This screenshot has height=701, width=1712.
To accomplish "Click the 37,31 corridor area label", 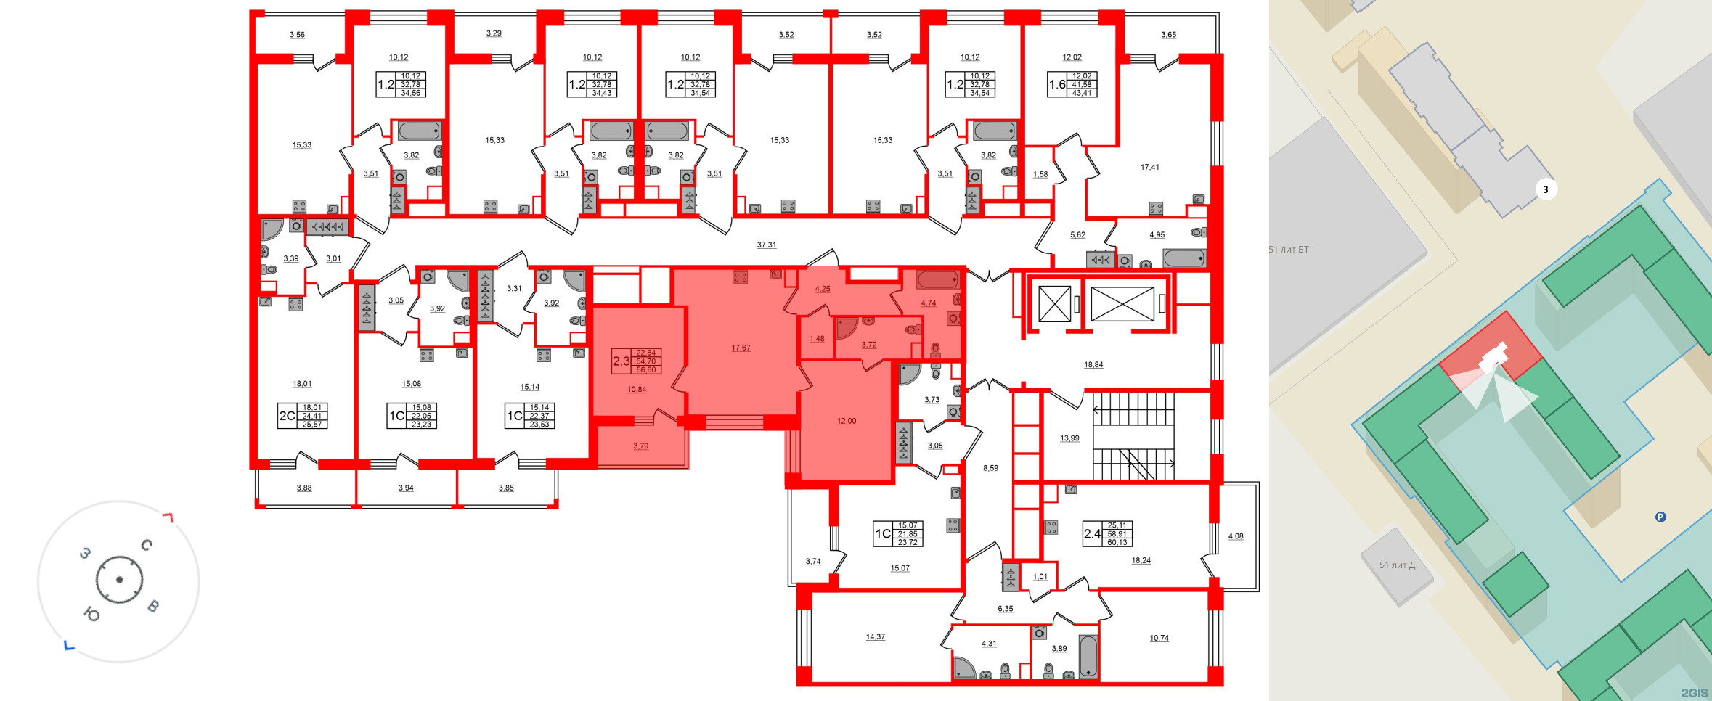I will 766,245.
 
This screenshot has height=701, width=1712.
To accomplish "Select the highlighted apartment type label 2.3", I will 621,361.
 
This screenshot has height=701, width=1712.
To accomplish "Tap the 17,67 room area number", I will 741,348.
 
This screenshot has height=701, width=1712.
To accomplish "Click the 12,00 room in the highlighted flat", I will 846,421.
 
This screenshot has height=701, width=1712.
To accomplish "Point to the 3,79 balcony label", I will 640,446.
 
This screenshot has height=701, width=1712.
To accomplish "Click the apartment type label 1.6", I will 1056,85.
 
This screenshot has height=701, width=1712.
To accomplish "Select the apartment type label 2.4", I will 1092,534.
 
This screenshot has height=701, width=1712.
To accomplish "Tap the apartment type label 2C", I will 288,417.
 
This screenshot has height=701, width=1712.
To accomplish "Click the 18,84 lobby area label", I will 1093,365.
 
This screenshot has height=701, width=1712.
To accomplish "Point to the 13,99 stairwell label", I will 1069,438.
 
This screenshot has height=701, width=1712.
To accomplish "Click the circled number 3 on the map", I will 1546,190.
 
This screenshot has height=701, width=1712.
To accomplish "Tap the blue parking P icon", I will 1660,517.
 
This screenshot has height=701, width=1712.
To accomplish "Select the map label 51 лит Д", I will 1397,565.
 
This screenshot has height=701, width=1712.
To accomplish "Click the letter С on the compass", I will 147,545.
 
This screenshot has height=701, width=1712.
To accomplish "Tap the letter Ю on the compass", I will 92,615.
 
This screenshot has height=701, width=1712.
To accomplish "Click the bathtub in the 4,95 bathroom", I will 1184,258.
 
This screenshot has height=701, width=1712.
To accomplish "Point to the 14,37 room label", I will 875,637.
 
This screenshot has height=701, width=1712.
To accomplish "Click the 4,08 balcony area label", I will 1235,537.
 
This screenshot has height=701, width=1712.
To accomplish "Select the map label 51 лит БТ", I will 1289,250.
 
